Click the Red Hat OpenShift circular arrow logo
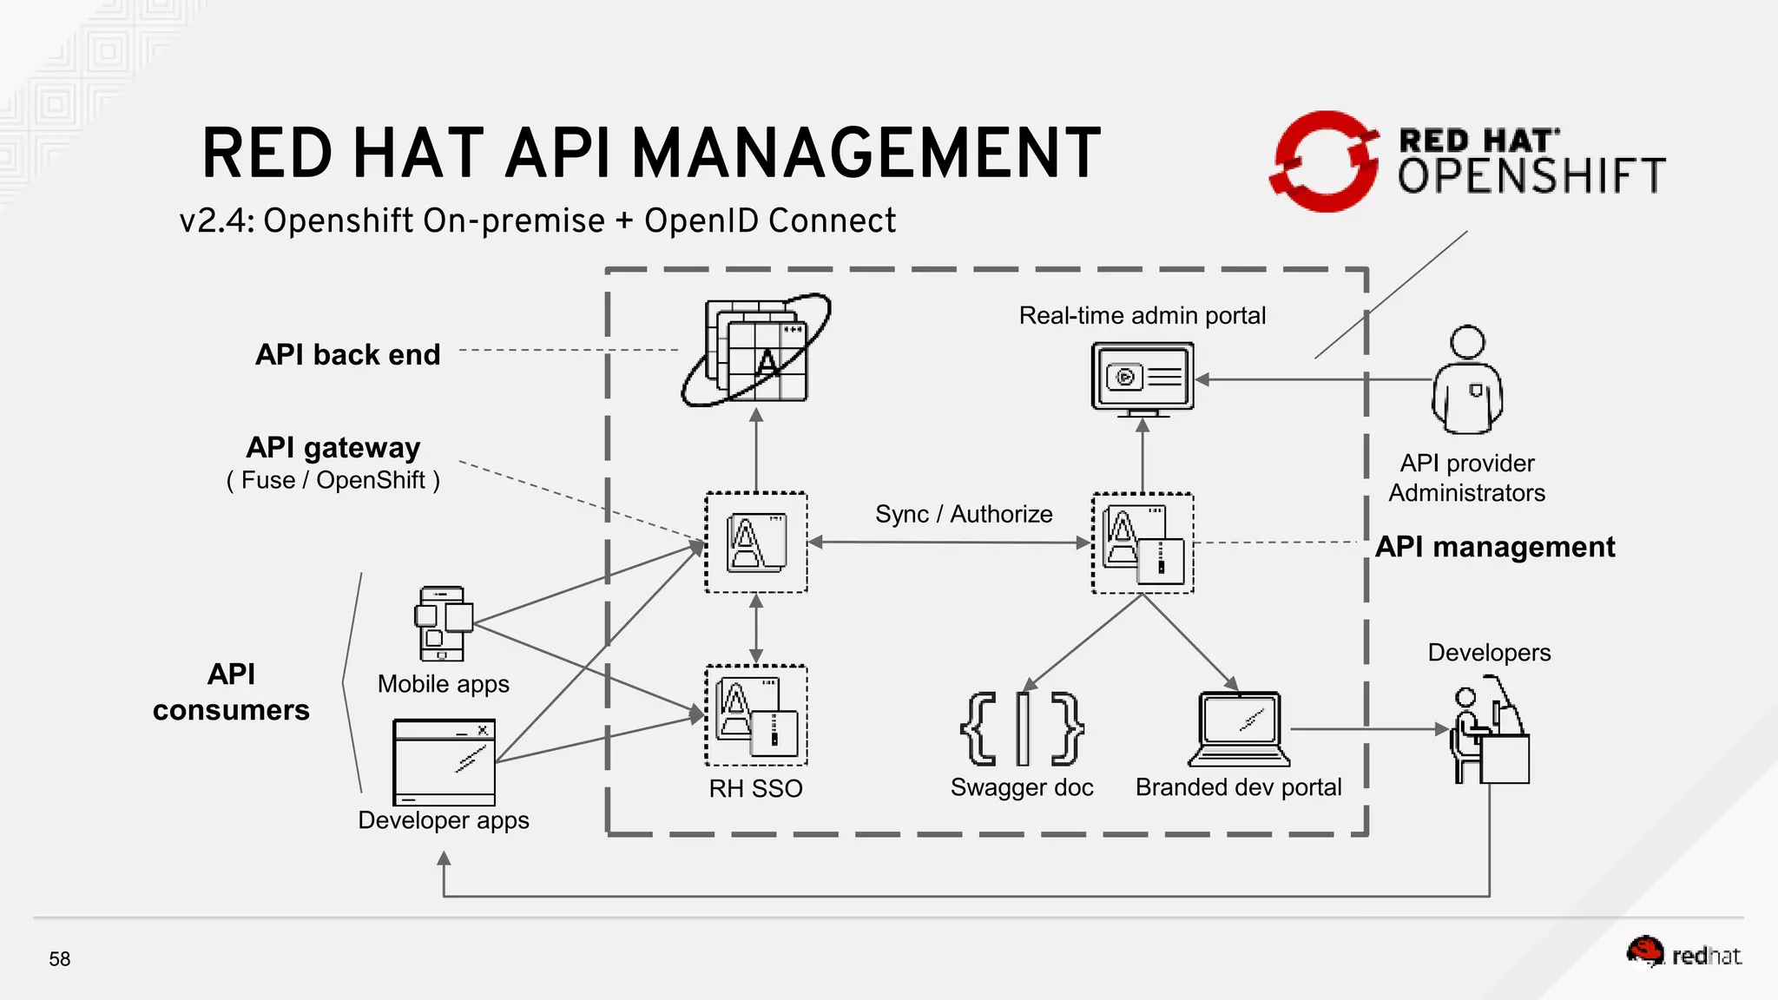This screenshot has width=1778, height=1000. tap(1324, 161)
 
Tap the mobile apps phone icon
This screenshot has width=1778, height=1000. tap(443, 623)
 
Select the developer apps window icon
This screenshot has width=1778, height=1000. tap(444, 762)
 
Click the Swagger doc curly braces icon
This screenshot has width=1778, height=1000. tap(1022, 729)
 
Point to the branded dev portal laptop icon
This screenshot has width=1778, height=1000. tap(1239, 729)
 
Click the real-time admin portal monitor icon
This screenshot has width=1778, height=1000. tap(1143, 378)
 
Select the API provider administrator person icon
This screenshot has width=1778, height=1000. tap(1467, 380)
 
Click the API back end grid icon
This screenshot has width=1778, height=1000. tap(756, 350)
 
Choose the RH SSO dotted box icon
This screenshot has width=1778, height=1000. tap(756, 715)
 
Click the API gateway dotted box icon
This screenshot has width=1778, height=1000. tap(756, 543)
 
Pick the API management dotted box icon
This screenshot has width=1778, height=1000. tap(1143, 543)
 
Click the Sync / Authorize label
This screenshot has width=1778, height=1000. tap(964, 514)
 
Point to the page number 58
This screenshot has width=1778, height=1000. tap(60, 959)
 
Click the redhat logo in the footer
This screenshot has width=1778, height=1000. tap(1683, 954)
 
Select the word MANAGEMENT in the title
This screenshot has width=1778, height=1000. tap(866, 154)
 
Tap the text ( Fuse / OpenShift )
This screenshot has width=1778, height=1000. tap(333, 480)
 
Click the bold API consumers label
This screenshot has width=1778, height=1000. tap(231, 692)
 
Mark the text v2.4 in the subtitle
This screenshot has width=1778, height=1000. tap(215, 221)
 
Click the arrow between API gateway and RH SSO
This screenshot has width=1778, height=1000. tap(756, 629)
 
